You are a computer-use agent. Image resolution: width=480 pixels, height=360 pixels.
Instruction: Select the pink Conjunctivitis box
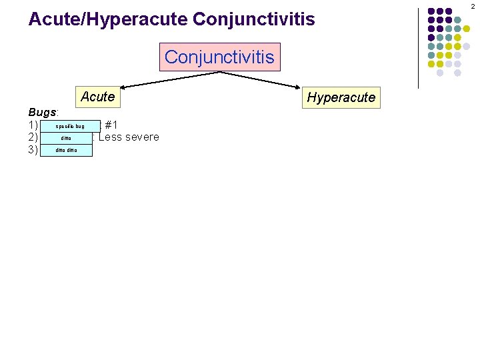click(x=219, y=57)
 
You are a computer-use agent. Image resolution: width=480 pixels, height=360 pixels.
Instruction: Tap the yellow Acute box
click(x=97, y=97)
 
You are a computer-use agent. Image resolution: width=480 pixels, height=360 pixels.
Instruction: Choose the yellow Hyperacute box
click(x=341, y=97)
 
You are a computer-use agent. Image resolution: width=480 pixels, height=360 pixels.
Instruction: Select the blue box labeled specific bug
click(x=66, y=125)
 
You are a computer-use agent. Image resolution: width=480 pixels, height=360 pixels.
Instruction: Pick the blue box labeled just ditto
click(x=66, y=138)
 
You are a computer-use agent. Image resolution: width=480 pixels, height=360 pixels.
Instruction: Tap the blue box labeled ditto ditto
click(x=66, y=151)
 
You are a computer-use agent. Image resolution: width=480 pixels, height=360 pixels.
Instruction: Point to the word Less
click(x=111, y=137)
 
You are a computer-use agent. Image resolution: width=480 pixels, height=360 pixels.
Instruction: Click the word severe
click(x=141, y=137)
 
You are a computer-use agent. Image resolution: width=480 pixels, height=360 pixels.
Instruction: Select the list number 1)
click(x=33, y=125)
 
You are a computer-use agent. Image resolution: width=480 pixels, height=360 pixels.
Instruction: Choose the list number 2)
click(x=33, y=137)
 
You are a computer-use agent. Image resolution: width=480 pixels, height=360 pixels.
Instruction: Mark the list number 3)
click(x=33, y=150)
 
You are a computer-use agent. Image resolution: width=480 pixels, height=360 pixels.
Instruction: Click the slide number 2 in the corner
click(x=474, y=5)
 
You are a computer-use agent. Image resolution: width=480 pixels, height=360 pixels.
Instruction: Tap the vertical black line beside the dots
click(x=418, y=47)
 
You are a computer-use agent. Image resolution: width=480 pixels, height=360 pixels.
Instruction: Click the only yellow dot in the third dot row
click(x=466, y=29)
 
